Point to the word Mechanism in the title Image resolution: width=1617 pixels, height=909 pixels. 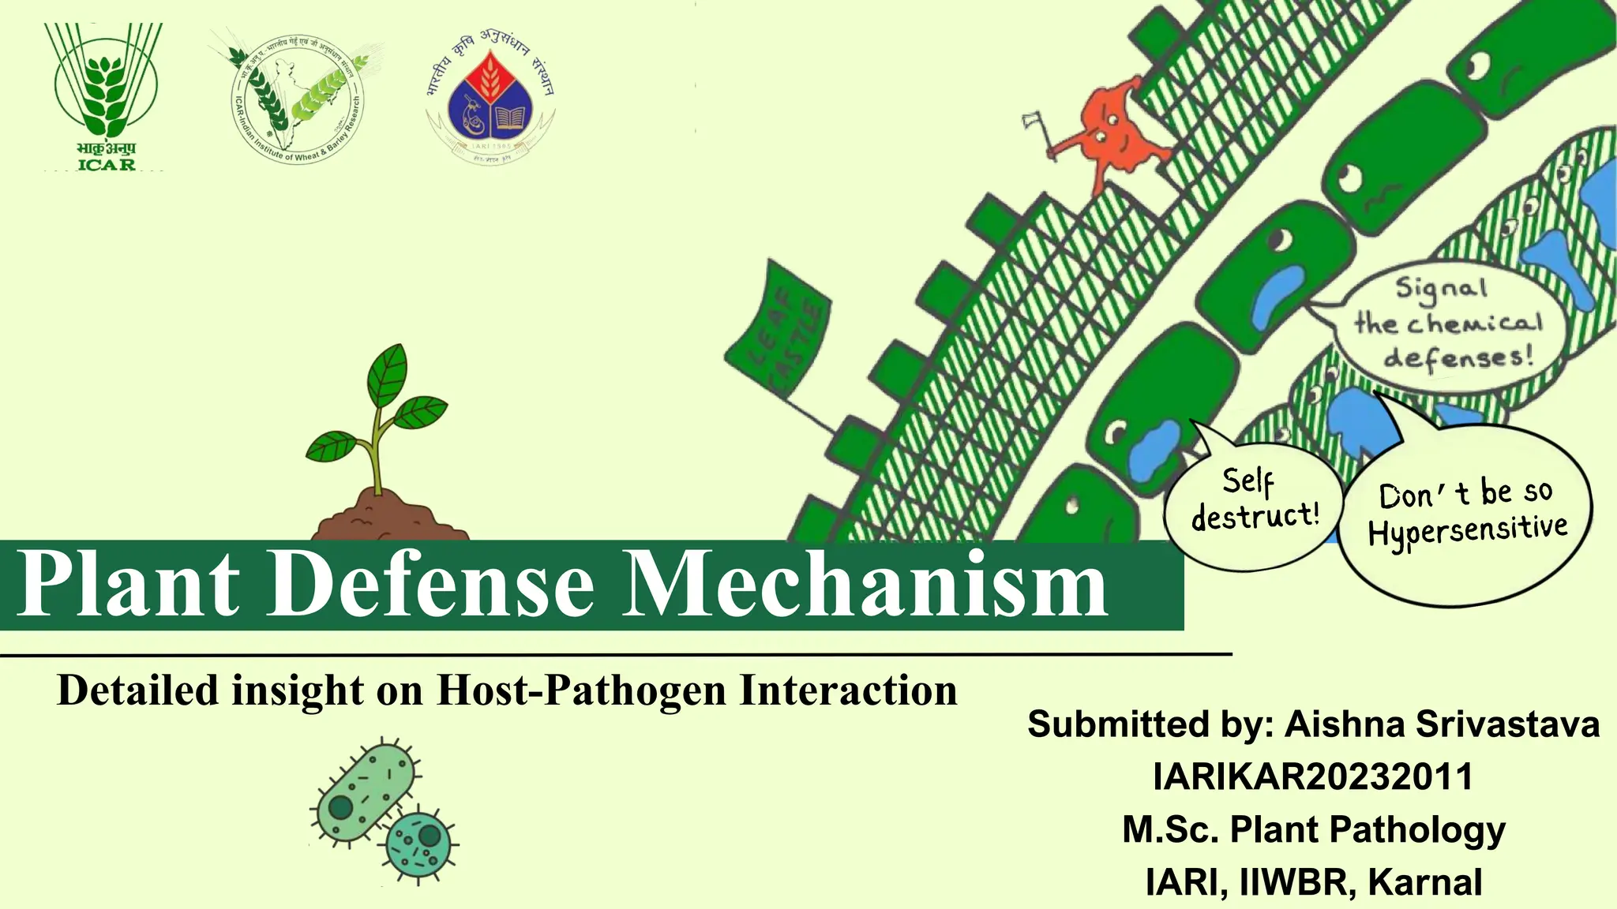point(865,585)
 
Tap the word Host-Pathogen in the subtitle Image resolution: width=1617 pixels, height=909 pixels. point(580,690)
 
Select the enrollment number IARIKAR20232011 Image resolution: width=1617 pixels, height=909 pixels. point(1313,776)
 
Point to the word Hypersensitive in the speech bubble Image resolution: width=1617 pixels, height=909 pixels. point(1468,529)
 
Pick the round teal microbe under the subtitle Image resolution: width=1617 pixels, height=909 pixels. point(418,843)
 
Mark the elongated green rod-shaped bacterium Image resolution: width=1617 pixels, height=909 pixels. point(365,793)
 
